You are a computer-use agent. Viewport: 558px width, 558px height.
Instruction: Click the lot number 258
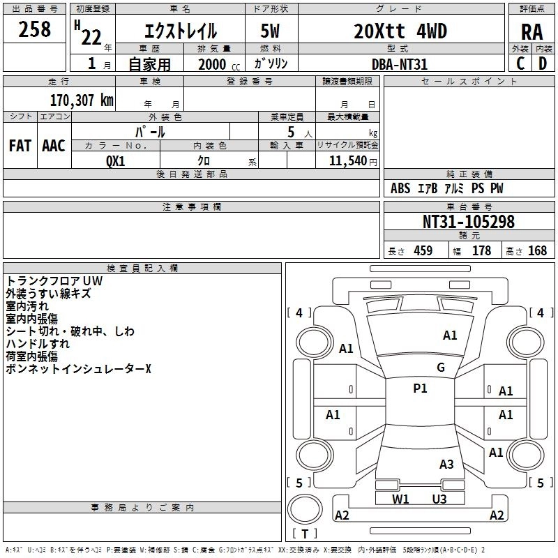coord(34,29)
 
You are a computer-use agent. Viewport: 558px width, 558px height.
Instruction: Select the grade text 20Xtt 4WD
coord(400,31)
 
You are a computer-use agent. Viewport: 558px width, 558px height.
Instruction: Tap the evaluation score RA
coord(531,32)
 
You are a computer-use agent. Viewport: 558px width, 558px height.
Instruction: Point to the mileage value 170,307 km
coord(82,100)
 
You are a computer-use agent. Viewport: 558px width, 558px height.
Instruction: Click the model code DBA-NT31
coord(400,64)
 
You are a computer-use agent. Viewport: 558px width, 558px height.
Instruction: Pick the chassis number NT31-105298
coord(468,222)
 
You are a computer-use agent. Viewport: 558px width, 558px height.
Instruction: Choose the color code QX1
coord(115,160)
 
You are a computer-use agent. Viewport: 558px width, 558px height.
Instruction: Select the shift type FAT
coord(20,146)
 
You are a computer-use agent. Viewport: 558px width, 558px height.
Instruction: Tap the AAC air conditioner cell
coord(54,146)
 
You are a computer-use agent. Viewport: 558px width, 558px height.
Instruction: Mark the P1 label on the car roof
coord(420,389)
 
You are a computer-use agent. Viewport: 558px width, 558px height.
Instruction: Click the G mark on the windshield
coord(440,368)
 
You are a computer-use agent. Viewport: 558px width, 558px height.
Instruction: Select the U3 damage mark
coord(439,499)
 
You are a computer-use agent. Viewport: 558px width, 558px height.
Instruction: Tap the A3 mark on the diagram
coord(446,465)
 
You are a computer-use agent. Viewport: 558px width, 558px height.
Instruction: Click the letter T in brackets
coord(304,534)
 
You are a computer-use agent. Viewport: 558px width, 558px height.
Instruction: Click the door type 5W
coord(272,31)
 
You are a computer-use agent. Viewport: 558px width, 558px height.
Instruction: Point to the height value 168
coord(537,251)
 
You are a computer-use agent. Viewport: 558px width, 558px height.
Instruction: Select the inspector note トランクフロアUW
coord(54,281)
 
